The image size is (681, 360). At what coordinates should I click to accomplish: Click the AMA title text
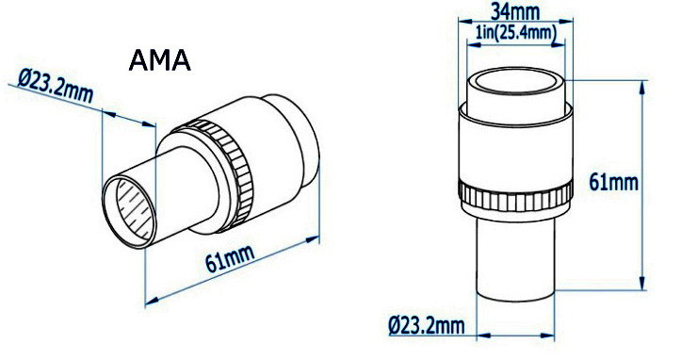coord(159,60)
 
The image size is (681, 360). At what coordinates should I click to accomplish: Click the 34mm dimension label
coord(515,11)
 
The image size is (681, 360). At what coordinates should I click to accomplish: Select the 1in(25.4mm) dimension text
coord(516,33)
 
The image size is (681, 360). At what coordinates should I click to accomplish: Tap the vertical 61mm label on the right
coord(613,182)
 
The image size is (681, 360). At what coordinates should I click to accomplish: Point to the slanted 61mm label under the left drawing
coord(230,258)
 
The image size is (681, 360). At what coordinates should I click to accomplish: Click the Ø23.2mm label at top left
coord(56,86)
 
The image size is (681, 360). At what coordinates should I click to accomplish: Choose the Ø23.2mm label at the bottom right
coord(427,325)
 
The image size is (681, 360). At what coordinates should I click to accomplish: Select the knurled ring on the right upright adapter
coord(515,196)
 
